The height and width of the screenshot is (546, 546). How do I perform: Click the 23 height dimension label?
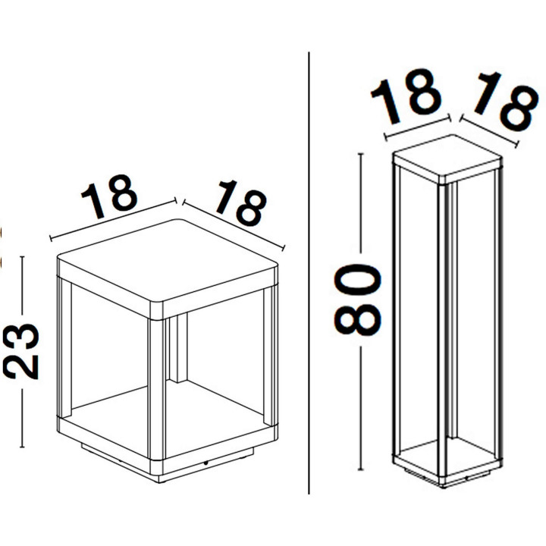(x=21, y=351)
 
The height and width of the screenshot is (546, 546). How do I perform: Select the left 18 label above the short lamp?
(x=110, y=196)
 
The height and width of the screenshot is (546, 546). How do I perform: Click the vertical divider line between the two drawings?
(x=309, y=273)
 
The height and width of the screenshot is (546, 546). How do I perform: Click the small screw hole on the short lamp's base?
(x=206, y=463)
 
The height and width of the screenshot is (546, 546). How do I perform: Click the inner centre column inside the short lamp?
(x=178, y=347)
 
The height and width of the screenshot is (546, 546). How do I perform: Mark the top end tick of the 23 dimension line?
(x=22, y=257)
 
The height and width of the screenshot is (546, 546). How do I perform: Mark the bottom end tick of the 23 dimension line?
(x=22, y=447)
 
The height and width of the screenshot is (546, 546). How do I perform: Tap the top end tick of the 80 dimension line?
(x=361, y=153)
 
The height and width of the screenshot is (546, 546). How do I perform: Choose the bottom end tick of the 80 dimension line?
(x=361, y=469)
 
